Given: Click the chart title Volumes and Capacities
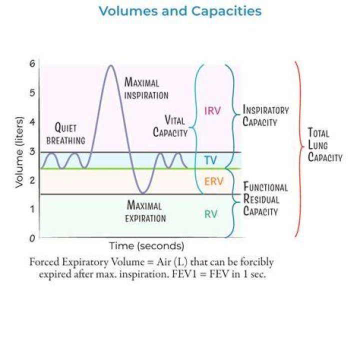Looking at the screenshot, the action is coord(180,11).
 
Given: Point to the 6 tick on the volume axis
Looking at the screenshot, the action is coord(32,63).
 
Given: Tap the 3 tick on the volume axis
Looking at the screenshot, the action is coord(32,151).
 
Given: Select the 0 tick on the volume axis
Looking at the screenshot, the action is coord(32,238).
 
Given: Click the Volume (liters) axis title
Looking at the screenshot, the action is coord(19,152).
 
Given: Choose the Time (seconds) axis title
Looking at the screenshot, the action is coord(146,246).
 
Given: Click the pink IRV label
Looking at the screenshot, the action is coord(212,110).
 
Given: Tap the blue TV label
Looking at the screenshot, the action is coord(210,160).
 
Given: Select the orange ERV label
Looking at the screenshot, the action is coord(214,181).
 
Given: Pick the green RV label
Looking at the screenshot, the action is coord(211,214).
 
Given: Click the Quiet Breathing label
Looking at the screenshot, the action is coord(65,133).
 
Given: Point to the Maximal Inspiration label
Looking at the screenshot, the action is coord(146,88).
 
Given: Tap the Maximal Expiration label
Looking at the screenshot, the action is coord(145,211).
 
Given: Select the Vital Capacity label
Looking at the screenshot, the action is coord(170,126).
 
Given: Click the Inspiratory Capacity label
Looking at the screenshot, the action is coord(265,115).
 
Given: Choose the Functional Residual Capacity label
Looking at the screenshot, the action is coord(265,199).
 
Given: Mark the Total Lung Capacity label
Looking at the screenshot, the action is coord(325,145).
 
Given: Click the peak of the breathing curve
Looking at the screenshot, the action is coord(111,65).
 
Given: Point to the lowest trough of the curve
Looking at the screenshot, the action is coord(143,193).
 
